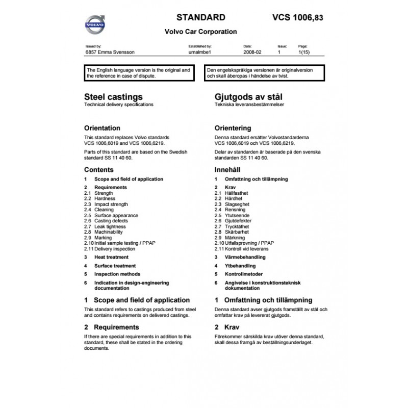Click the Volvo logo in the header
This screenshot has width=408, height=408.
pyautogui.click(x=95, y=24)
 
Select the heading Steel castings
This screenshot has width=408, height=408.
pyautogui.click(x=113, y=96)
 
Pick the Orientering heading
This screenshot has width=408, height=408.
pyautogui.click(x=233, y=128)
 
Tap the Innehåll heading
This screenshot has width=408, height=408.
pyautogui.click(x=227, y=169)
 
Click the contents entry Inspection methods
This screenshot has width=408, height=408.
pyautogui.click(x=118, y=274)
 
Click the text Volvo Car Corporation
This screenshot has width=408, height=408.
pyautogui.click(x=200, y=31)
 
